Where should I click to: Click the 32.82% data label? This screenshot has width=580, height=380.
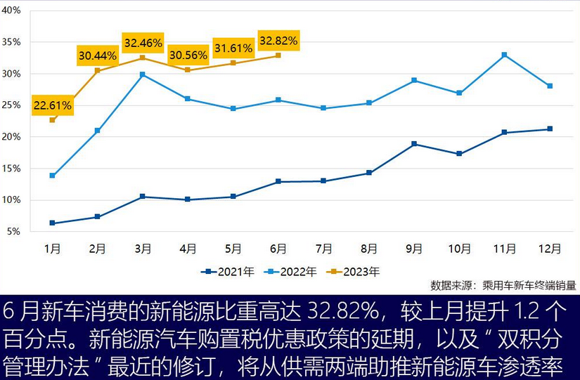pyautogui.click(x=278, y=41)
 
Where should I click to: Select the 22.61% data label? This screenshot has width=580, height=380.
pyautogui.click(x=52, y=105)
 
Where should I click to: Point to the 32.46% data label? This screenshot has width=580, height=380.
pyautogui.click(x=143, y=43)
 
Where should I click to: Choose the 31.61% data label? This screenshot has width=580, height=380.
pyautogui.click(x=233, y=48)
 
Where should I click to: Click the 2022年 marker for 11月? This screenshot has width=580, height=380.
pyautogui.click(x=504, y=55)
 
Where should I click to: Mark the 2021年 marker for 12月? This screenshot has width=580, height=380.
pyautogui.click(x=550, y=129)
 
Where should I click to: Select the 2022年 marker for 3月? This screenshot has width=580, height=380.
pyautogui.click(x=143, y=74)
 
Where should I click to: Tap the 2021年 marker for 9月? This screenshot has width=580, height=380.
pyautogui.click(x=414, y=144)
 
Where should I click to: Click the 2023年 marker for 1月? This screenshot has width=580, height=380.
pyautogui.click(x=52, y=120)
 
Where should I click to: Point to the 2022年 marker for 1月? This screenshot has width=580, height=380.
pyautogui.click(x=52, y=176)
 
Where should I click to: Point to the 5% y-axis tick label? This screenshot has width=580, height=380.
pyautogui.click(x=13, y=232)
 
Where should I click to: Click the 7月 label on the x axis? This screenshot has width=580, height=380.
pyautogui.click(x=323, y=248)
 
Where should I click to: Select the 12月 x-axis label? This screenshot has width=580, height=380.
pyautogui.click(x=550, y=248)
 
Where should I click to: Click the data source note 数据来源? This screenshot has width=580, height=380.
pyautogui.click(x=503, y=285)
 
